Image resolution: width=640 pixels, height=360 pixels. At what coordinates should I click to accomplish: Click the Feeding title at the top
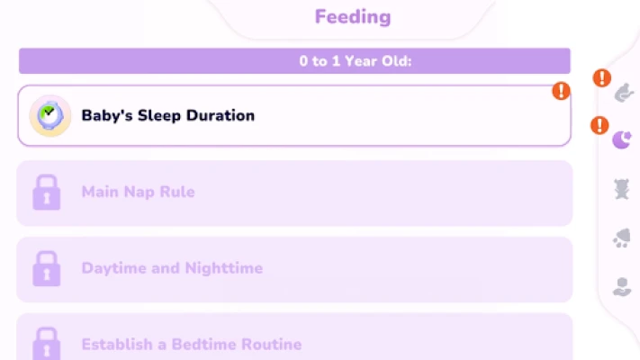click(x=353, y=17)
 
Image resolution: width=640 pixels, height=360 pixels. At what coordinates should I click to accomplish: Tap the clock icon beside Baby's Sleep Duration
click(x=50, y=115)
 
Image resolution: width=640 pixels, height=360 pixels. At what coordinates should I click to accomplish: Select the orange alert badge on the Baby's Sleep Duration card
click(x=561, y=91)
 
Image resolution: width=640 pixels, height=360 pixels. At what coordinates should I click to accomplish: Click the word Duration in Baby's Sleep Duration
click(x=221, y=115)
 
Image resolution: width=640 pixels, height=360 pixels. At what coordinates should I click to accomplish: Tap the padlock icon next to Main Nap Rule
click(x=47, y=193)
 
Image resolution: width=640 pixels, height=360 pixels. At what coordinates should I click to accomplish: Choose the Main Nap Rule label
click(x=138, y=192)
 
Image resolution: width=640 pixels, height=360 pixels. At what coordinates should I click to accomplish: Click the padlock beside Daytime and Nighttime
click(x=47, y=268)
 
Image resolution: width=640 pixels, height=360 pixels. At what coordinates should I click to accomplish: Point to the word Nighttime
click(x=223, y=268)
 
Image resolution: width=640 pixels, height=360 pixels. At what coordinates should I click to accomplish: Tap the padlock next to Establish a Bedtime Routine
click(x=47, y=343)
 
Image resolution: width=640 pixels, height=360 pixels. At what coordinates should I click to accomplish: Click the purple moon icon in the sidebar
click(x=622, y=140)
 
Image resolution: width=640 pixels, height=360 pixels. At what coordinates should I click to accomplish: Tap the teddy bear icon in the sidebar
click(x=622, y=189)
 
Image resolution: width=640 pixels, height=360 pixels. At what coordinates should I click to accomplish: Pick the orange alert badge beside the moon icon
click(x=599, y=125)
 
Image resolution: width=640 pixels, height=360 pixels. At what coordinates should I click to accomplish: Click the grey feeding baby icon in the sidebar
click(x=624, y=93)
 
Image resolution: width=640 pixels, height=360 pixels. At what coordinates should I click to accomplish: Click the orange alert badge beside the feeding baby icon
click(x=602, y=78)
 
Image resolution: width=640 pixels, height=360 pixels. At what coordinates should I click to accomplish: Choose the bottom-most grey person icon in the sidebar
click(x=622, y=287)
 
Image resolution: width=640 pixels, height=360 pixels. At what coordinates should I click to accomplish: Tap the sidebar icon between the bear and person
click(x=622, y=238)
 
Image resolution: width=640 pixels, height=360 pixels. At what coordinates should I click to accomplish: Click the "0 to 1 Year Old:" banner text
click(x=355, y=61)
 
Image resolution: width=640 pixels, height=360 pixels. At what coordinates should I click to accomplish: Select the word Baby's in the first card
click(x=107, y=115)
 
